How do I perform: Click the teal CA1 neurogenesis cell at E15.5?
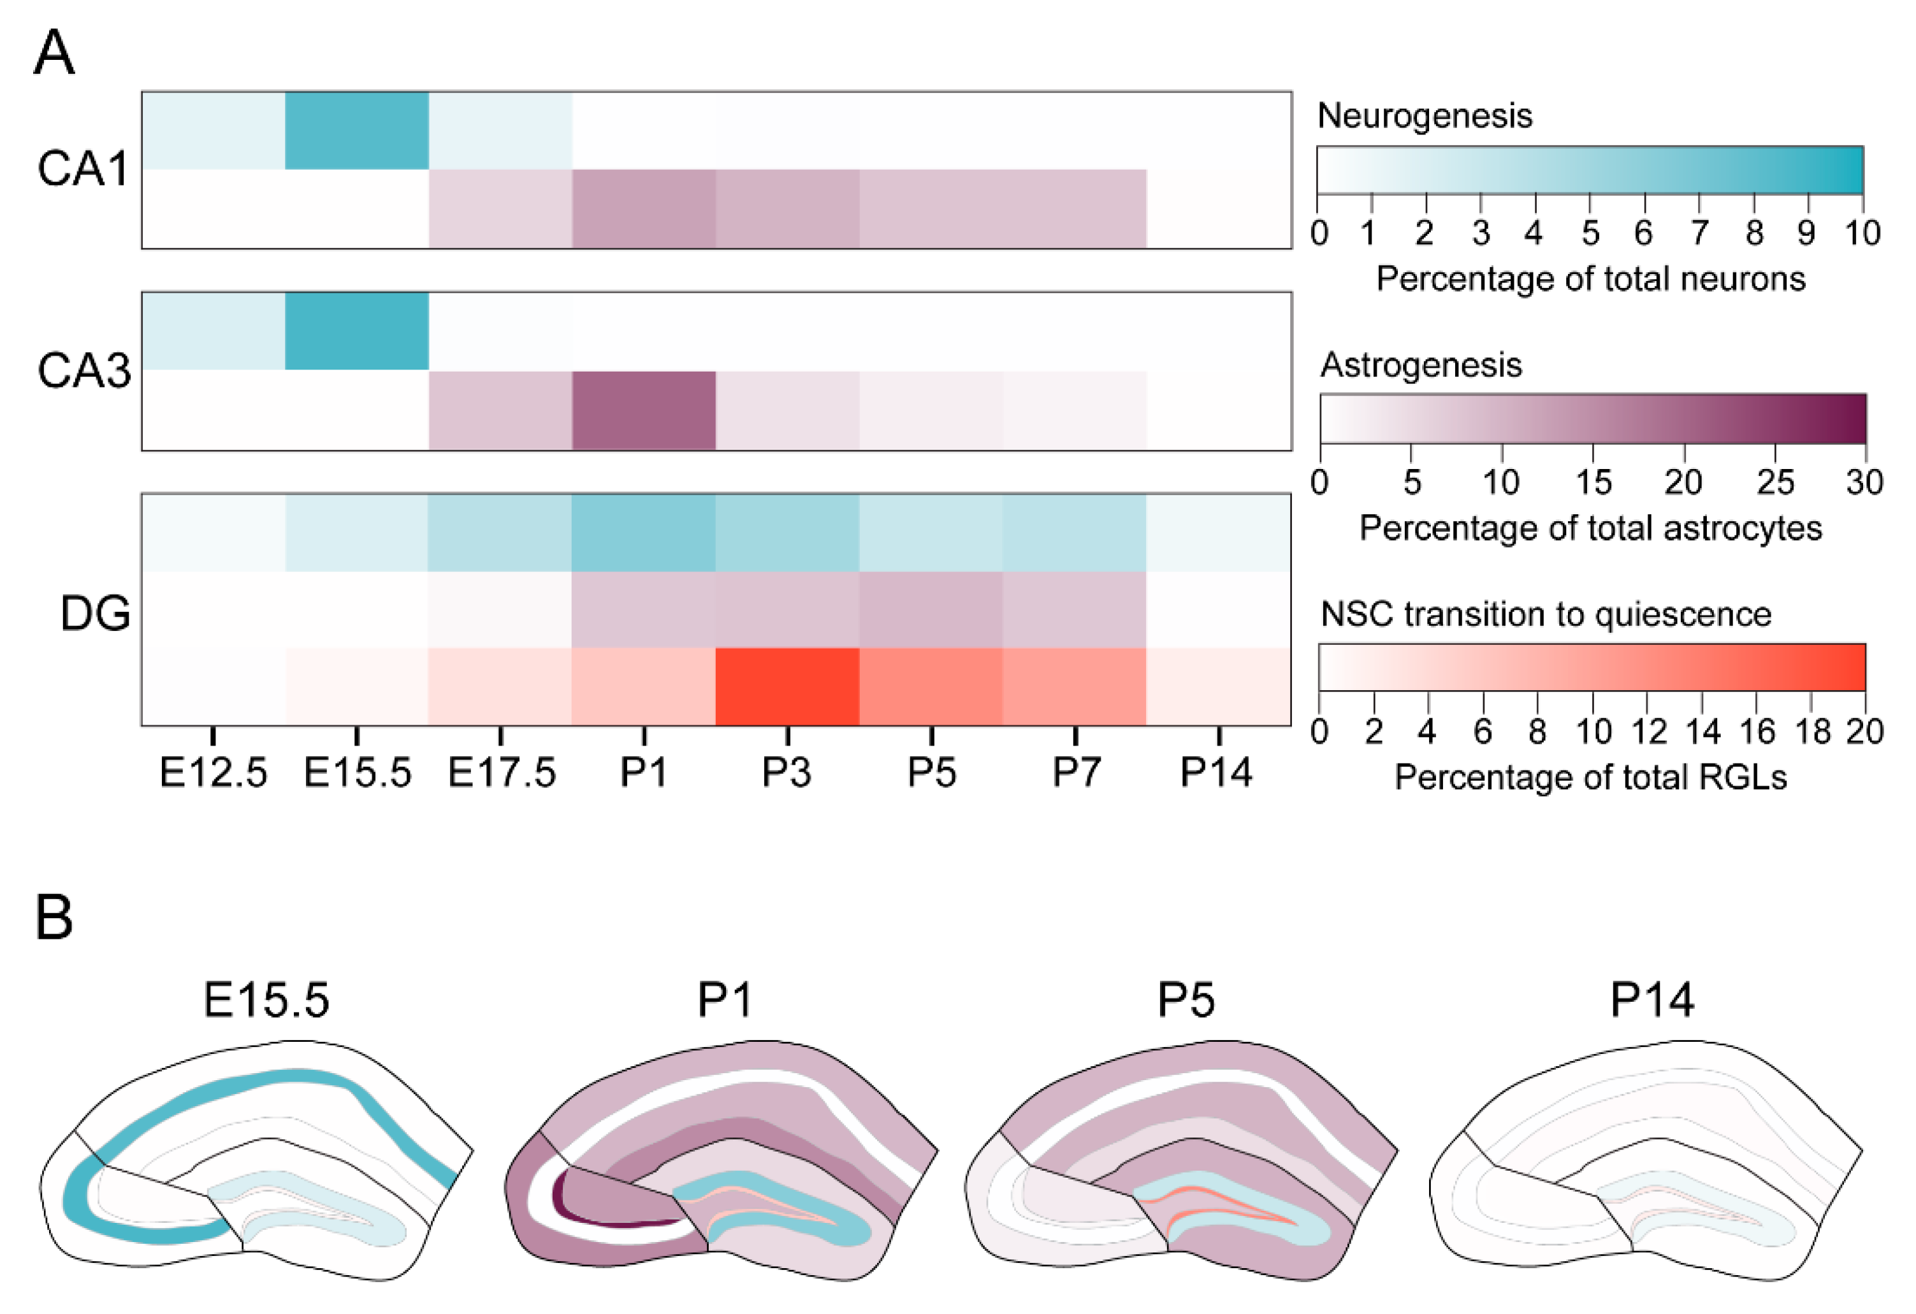pos(356,130)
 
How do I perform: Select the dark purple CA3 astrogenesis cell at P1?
pos(643,410)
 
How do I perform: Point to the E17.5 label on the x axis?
pos(501,772)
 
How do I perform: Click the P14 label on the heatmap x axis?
pos(1216,772)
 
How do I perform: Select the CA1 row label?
pos(82,169)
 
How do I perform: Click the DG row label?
pos(95,613)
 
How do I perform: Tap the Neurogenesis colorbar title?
pos(1424,115)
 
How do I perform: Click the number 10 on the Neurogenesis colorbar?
pos(1862,233)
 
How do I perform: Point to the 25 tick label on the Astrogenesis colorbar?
pos(1774,482)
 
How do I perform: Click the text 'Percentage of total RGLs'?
pos(1590,777)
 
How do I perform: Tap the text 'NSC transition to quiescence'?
pos(1545,614)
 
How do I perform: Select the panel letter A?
pos(54,53)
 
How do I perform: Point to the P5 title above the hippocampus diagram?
pos(1186,1000)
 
